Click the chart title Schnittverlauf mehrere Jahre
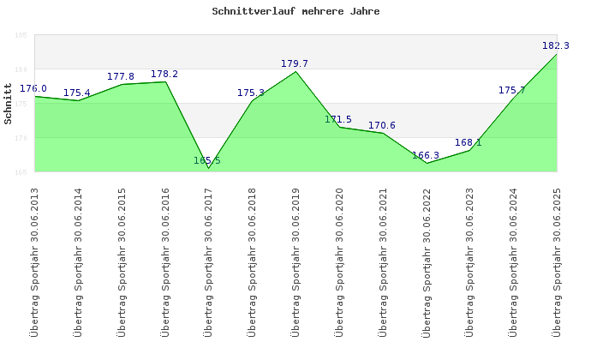point(295,12)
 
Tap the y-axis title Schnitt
point(9,104)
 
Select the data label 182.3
point(556,45)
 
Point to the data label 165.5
point(207,160)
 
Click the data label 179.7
point(295,63)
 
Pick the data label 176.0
point(33,88)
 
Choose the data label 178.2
point(164,74)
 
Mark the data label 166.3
point(426,155)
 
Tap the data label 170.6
point(382,125)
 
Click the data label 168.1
point(469,142)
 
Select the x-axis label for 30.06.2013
point(34,261)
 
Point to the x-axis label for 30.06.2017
point(208,261)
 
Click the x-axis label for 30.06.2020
point(339,261)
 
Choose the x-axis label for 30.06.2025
point(557,261)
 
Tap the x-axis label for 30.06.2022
point(427,261)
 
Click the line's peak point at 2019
point(295,71)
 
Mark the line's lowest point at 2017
point(208,168)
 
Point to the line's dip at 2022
point(427,163)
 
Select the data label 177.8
point(121,76)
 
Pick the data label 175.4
point(77,93)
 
